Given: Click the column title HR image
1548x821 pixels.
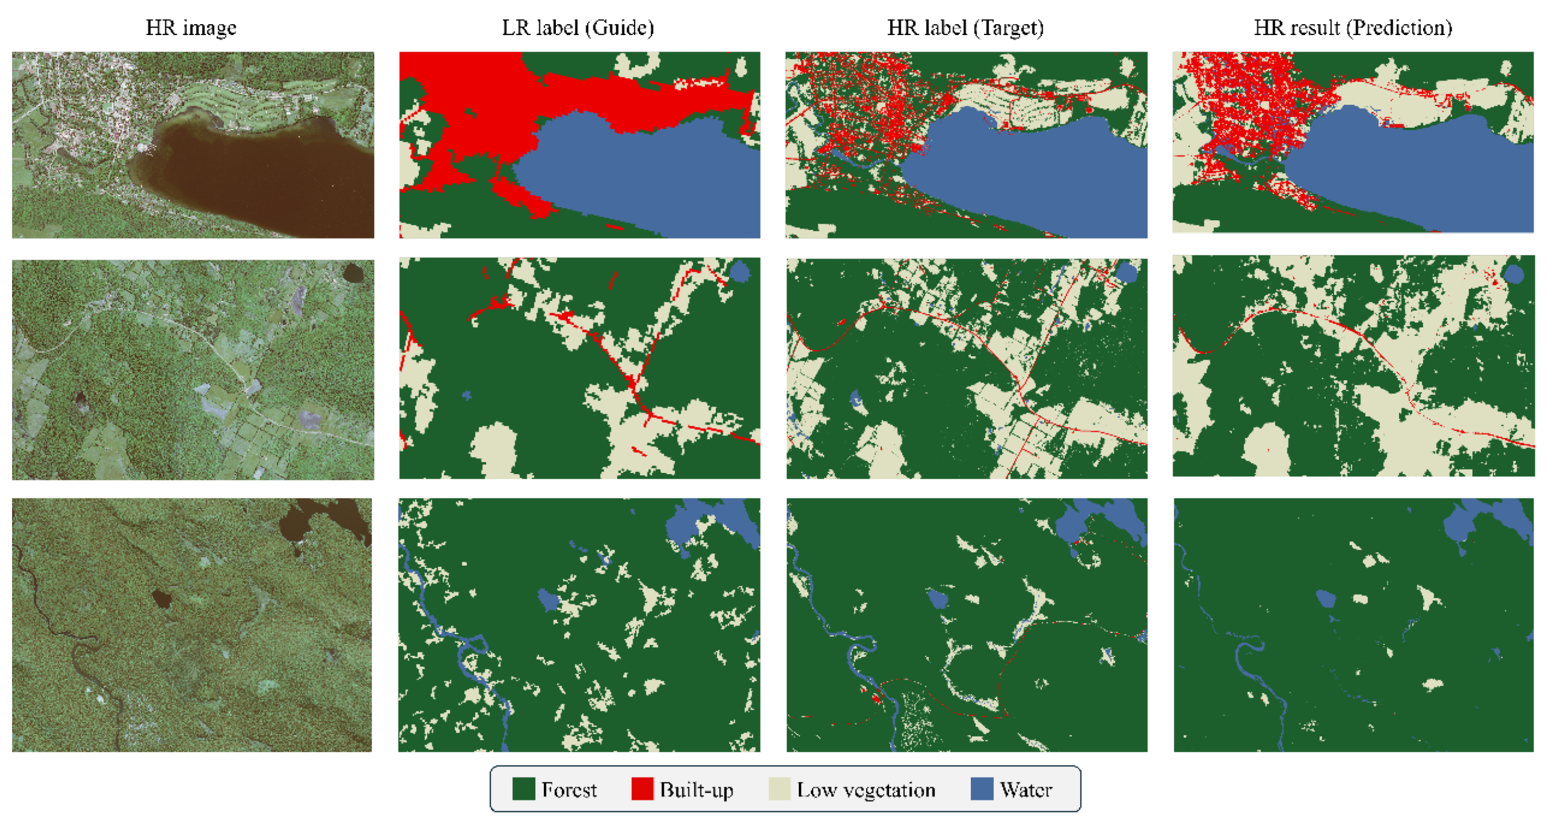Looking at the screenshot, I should pyautogui.click(x=191, y=28).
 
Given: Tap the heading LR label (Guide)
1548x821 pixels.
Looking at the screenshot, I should pyautogui.click(x=578, y=28).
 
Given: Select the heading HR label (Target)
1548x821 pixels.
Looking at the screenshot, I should pyautogui.click(x=965, y=28).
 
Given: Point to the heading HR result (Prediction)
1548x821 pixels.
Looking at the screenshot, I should pyautogui.click(x=1353, y=28).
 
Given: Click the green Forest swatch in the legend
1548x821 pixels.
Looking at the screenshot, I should pyautogui.click(x=524, y=789).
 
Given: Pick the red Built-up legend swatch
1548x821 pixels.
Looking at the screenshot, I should pyautogui.click(x=642, y=789).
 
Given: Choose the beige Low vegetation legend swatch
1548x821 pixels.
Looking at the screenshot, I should pyautogui.click(x=779, y=789).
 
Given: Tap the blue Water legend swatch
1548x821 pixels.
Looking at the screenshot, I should pyautogui.click(x=981, y=789).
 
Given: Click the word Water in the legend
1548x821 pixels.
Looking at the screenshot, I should pyautogui.click(x=1026, y=789).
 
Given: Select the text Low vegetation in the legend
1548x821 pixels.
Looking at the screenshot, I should pyautogui.click(x=866, y=789).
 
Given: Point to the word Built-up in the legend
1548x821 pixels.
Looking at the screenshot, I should pyautogui.click(x=696, y=789).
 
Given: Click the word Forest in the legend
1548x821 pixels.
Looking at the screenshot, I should pyautogui.click(x=569, y=789).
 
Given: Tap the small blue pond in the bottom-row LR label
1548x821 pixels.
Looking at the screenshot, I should pyautogui.click(x=547, y=599).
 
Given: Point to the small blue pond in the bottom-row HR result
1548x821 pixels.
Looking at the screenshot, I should pyautogui.click(x=1326, y=599).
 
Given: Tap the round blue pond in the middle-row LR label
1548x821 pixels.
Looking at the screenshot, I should pyautogui.click(x=741, y=272).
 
